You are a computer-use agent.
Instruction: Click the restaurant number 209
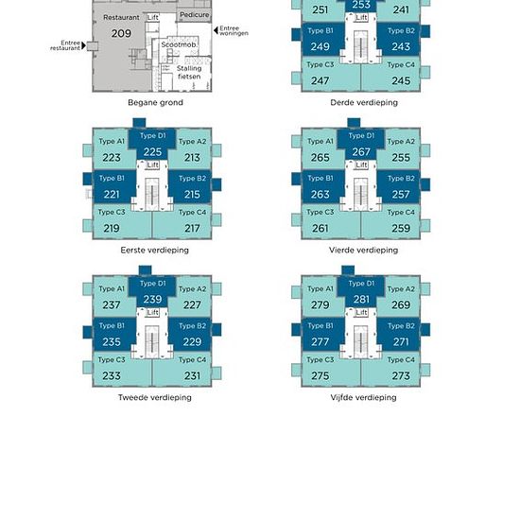point(121,33)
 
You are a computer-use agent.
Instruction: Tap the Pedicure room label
point(195,15)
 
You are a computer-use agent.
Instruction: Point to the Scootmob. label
point(179,44)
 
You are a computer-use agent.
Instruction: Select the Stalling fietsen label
point(189,72)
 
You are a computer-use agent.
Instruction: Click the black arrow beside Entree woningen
point(216,31)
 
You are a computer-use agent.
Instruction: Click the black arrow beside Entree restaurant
point(83,45)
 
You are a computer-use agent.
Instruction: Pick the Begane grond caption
point(155,102)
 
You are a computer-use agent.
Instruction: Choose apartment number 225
point(152,152)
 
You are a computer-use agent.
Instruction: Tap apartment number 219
point(112,228)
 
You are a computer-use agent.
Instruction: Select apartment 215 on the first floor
point(192,195)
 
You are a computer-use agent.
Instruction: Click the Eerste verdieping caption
point(154,250)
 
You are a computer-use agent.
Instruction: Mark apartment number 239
point(152,299)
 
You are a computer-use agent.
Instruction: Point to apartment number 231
point(192,375)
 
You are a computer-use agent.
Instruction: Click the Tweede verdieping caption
point(154,397)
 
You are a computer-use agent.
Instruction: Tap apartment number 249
point(321,46)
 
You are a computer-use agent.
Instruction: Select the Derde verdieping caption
point(364,102)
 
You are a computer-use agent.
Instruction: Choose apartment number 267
point(361,152)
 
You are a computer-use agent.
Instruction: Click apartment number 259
point(401,228)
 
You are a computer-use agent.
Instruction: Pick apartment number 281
point(361,299)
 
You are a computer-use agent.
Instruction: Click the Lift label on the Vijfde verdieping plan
point(361,312)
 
